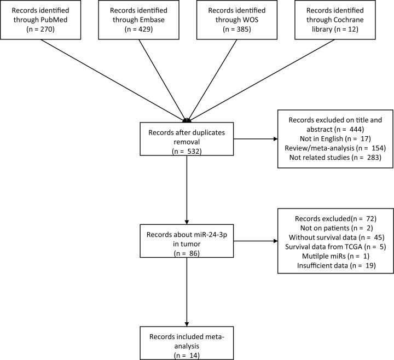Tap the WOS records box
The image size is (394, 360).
click(232, 20)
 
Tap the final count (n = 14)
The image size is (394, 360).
click(187, 340)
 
